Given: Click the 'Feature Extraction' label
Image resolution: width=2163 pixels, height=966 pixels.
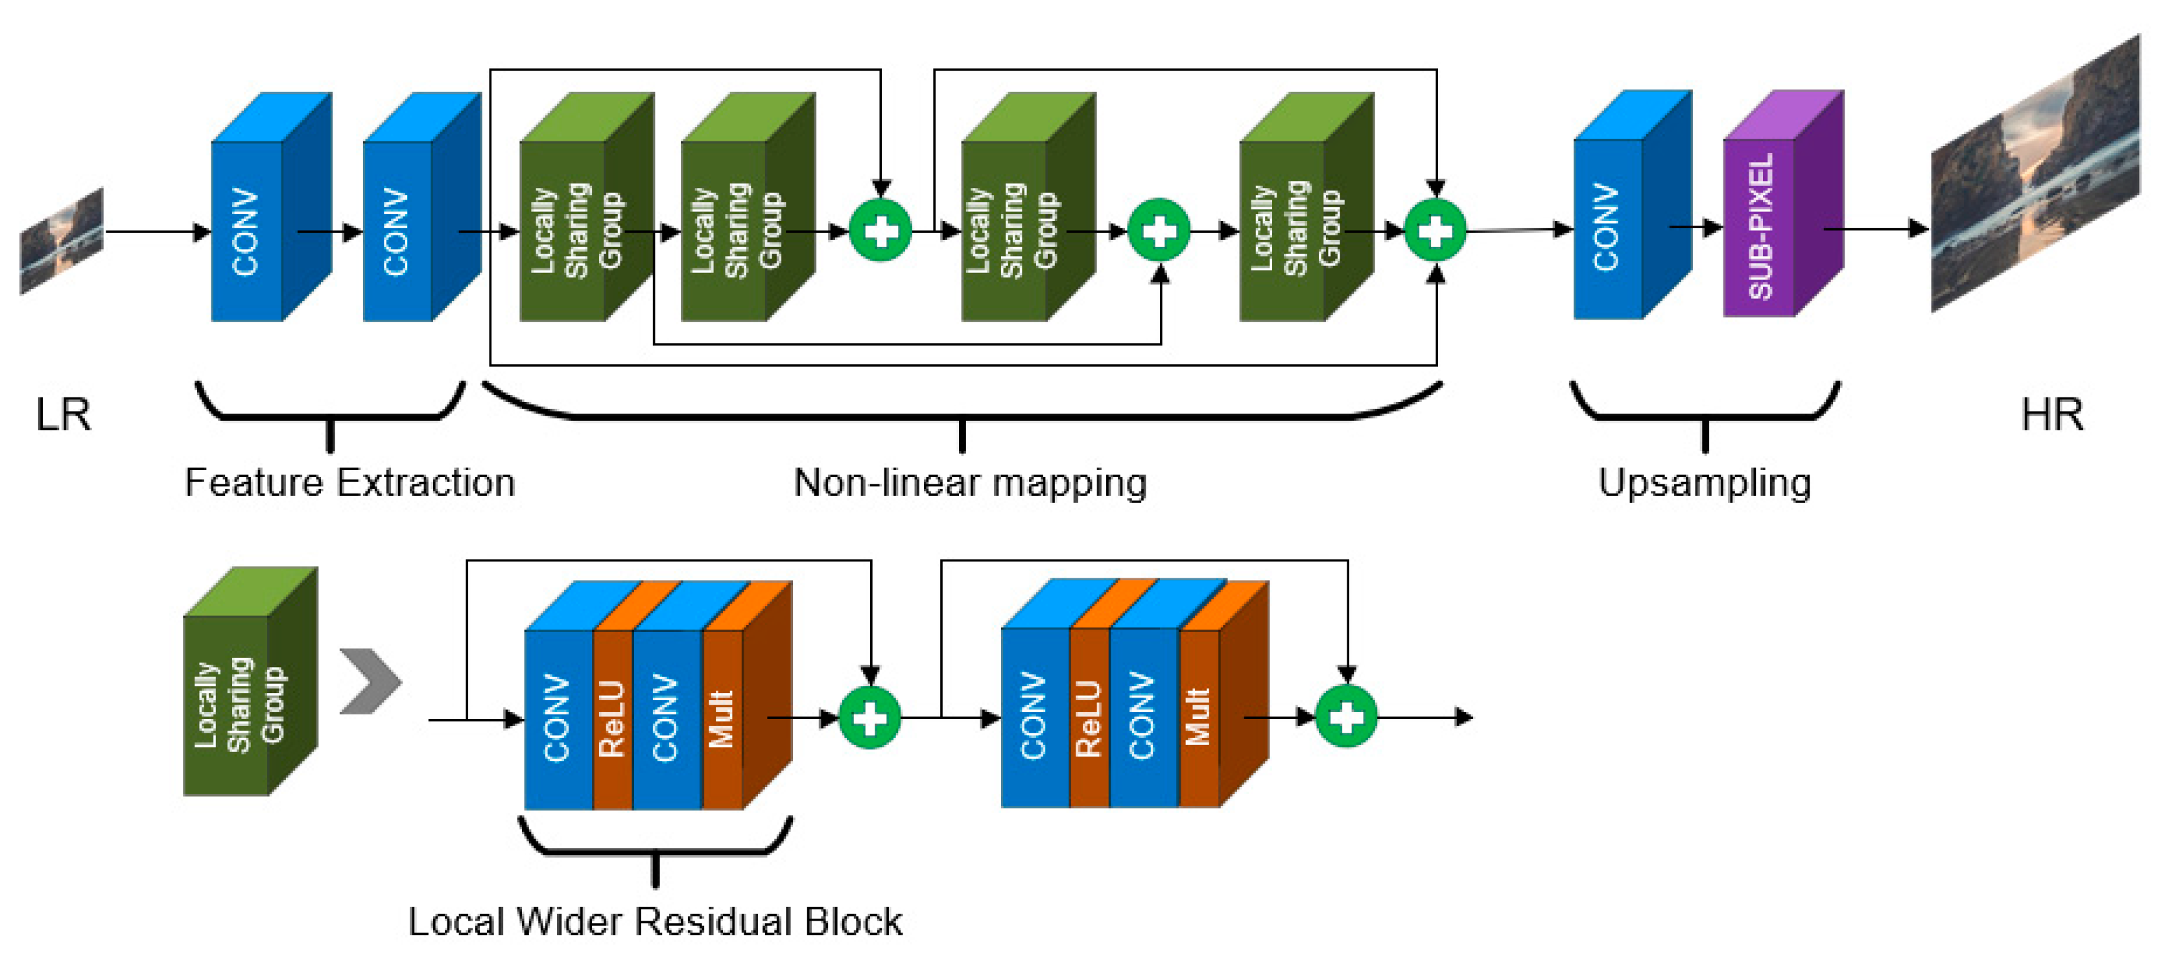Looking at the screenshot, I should (349, 482).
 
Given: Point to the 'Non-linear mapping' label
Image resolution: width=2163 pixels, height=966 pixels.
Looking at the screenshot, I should (970, 482).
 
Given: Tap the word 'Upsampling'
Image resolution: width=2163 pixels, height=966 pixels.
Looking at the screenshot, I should (1704, 482).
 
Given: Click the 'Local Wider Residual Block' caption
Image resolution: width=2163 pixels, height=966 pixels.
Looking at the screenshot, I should (654, 921).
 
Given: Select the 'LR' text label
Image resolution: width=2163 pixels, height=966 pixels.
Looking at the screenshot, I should (63, 414).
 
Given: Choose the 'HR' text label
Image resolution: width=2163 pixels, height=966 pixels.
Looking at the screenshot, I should (2051, 414).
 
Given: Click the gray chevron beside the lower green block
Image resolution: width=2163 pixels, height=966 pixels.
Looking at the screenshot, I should (370, 681).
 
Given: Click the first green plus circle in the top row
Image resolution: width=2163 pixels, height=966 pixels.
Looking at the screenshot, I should (880, 230).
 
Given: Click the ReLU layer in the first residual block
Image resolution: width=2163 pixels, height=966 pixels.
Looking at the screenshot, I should (611, 718).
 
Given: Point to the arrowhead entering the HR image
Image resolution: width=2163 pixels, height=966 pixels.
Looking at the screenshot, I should (1919, 228).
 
